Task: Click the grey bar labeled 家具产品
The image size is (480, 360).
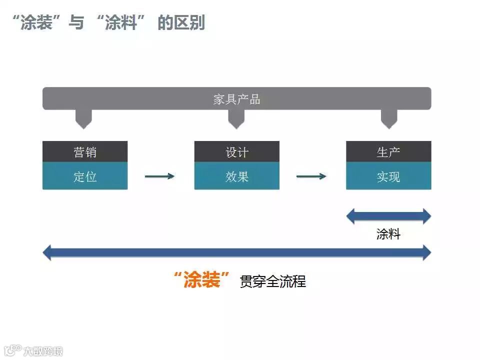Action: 236,98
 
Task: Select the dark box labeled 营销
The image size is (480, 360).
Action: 85,152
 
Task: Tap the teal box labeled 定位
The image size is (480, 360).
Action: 85,176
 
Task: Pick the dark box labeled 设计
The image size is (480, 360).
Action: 236,152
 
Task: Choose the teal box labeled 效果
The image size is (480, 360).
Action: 236,176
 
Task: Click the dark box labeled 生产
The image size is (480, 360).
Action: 388,152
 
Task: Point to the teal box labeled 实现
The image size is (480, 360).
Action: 388,176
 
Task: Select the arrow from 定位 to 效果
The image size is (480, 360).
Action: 159,176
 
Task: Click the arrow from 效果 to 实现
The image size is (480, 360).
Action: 311,176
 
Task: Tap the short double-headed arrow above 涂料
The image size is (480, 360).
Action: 388,216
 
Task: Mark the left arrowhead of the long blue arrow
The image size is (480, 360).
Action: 47,252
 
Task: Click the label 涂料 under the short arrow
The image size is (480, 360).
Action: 388,234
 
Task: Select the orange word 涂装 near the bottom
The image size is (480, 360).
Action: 202,280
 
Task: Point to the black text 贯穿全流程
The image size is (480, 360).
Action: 272,281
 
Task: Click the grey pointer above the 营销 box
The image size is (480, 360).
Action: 83,119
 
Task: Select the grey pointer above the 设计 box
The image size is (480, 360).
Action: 236,119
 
